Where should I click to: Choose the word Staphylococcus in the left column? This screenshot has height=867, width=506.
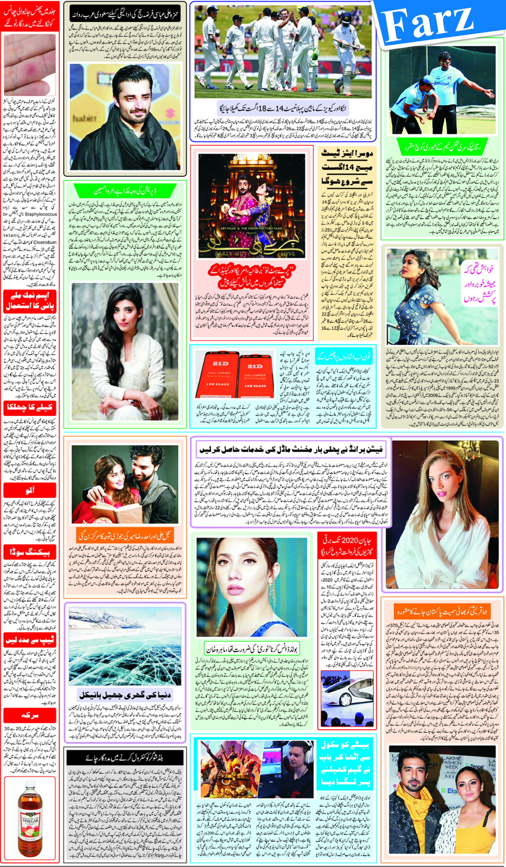pyautogui.click(x=40, y=214)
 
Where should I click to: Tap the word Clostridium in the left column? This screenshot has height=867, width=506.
pyautogui.click(x=45, y=242)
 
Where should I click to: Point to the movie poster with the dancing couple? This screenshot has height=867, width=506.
pyautogui.click(x=252, y=205)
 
